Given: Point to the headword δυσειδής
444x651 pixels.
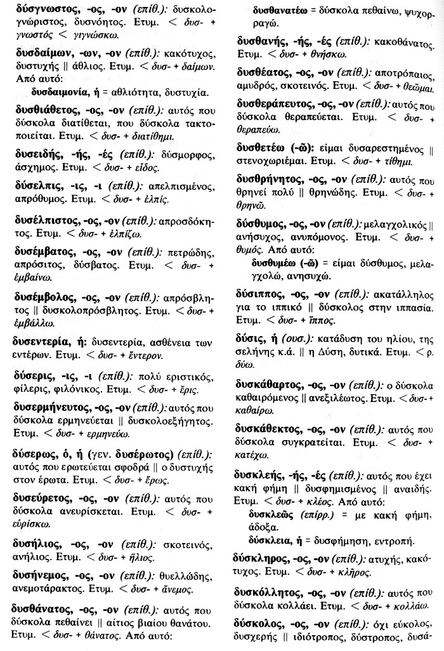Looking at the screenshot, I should pos(36,154).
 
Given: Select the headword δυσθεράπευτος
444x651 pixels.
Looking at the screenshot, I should pos(274,103).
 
